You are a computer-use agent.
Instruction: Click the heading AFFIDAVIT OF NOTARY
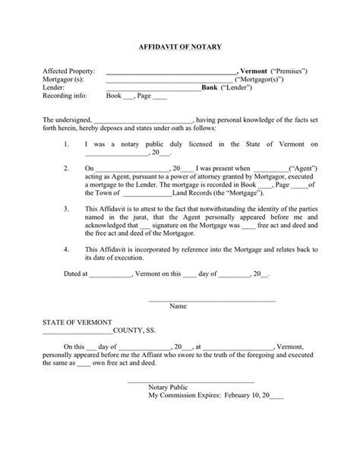(180, 47)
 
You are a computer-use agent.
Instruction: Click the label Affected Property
(69, 71)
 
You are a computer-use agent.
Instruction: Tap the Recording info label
(65, 96)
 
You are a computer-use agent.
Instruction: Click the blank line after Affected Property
(171, 72)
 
